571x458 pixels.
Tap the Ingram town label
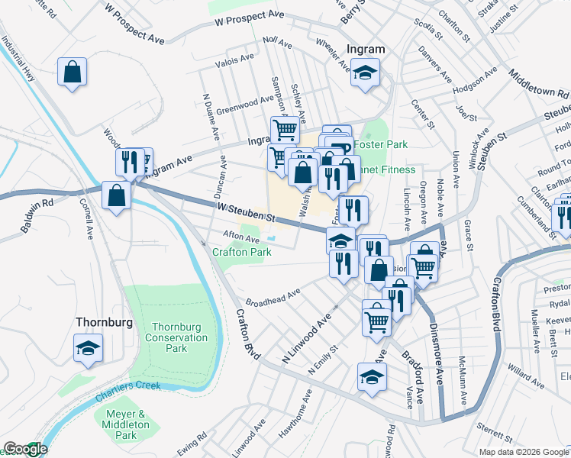click(366, 49)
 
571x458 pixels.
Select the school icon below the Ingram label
click(366, 74)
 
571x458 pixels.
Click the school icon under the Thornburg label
click(88, 349)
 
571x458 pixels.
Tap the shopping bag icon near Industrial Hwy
click(73, 73)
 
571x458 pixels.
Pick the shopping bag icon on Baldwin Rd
click(115, 195)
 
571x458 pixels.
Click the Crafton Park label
click(242, 252)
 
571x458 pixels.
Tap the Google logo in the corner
click(24, 449)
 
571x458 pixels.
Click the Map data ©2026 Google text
click(523, 452)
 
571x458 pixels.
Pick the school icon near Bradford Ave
click(372, 378)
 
